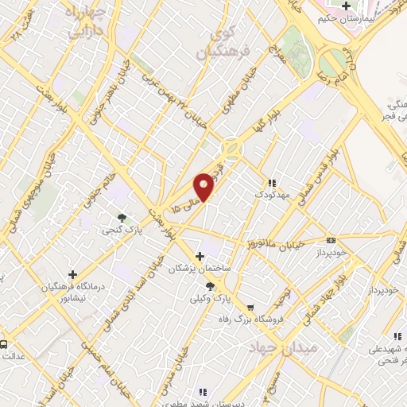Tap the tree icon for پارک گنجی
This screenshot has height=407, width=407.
[122, 217]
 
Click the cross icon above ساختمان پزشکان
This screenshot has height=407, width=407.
[200, 256]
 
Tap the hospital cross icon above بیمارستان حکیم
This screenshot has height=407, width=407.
[345, 6]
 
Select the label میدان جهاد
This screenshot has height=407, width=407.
[273, 349]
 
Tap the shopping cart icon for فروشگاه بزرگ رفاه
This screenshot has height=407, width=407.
[251, 306]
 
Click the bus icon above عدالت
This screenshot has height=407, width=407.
[5, 344]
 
